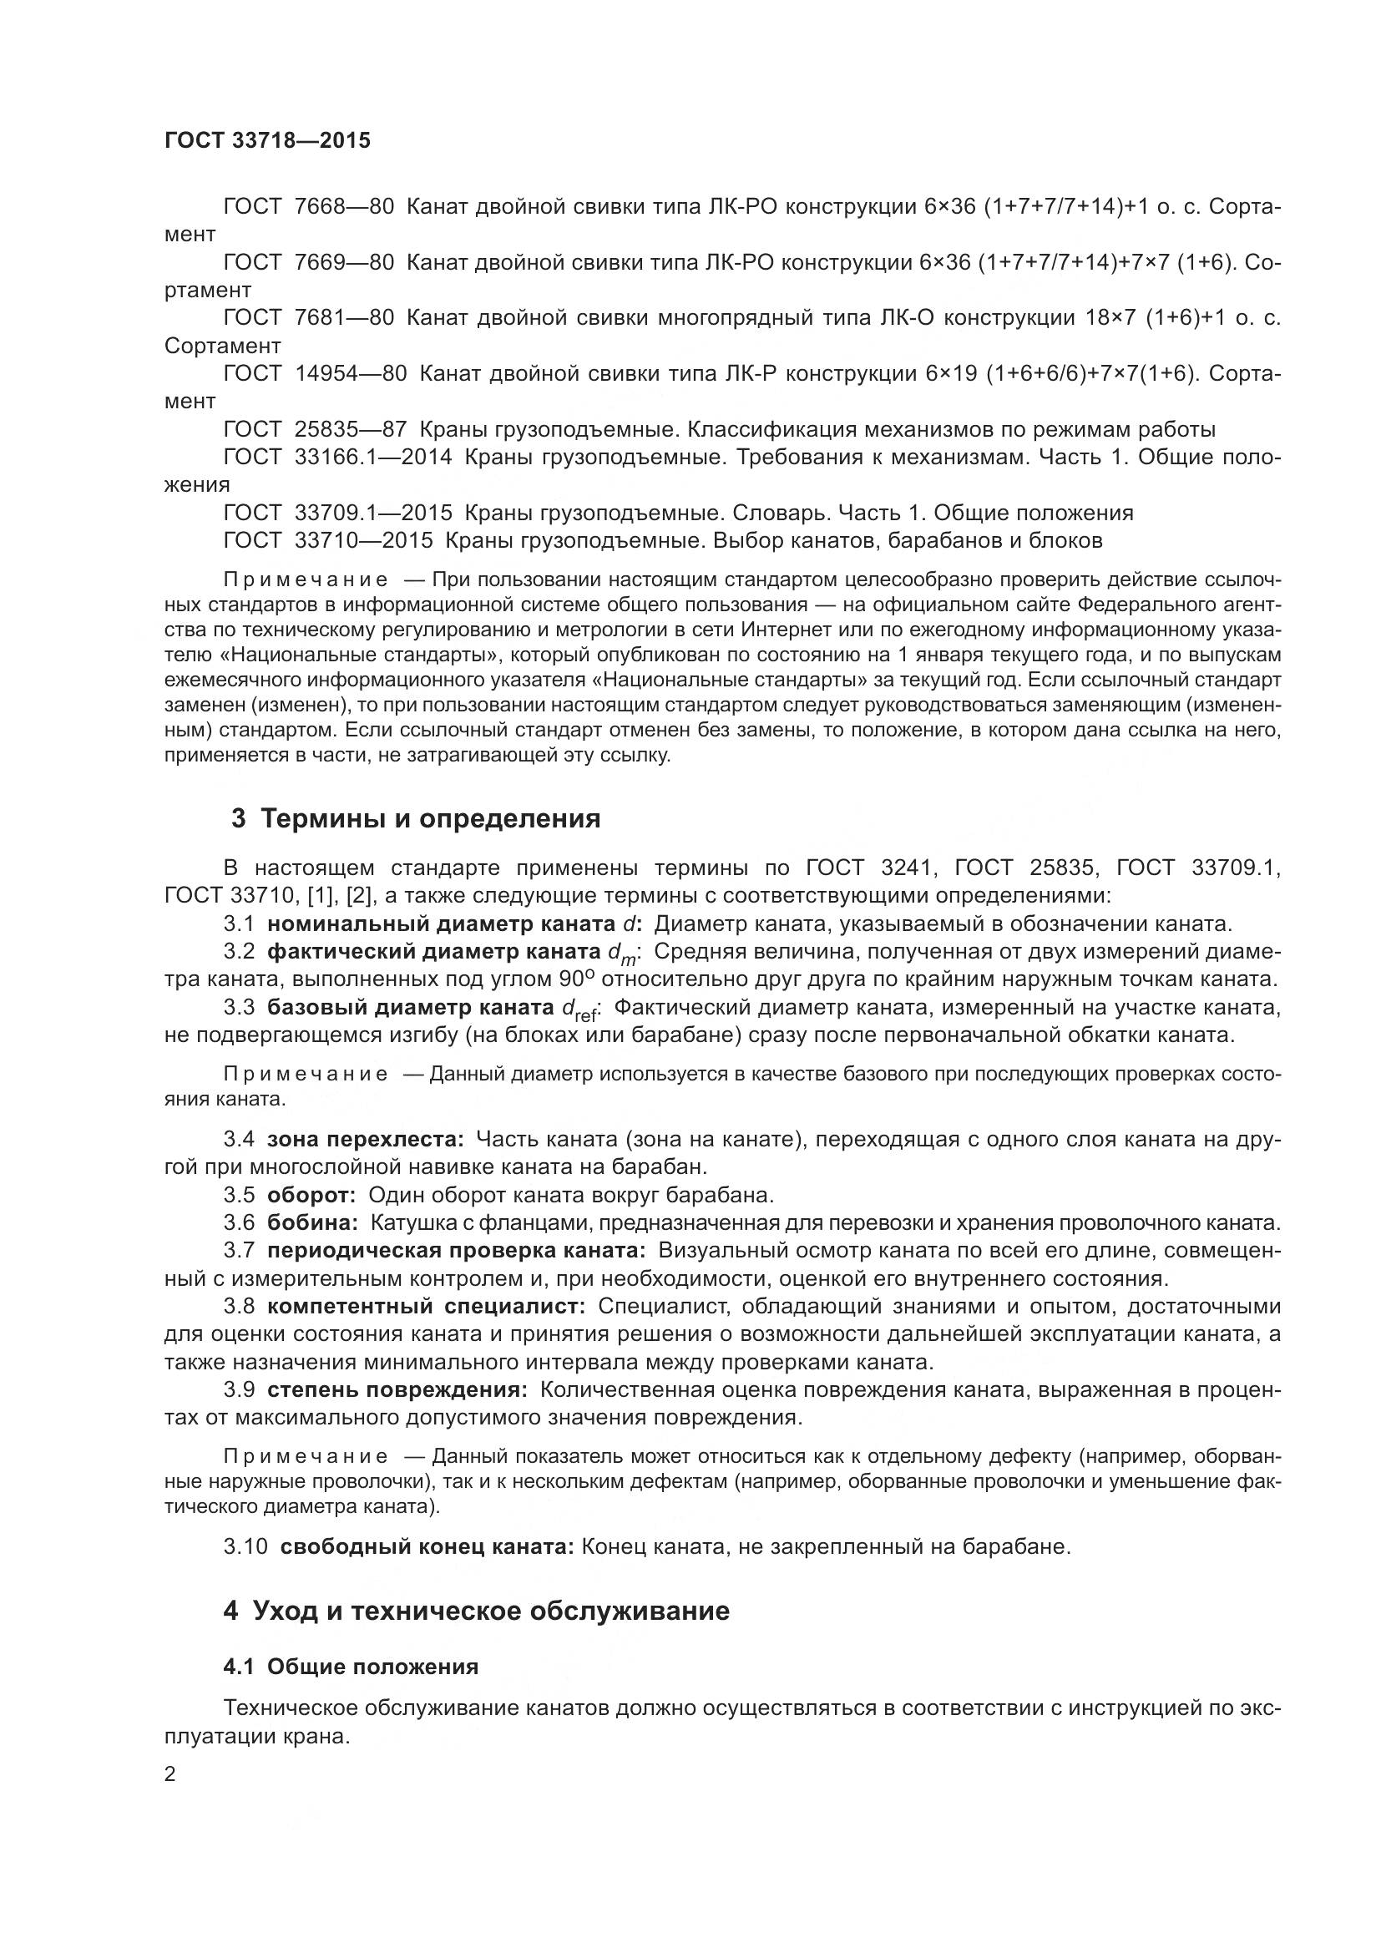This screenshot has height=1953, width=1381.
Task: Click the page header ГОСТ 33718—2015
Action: (x=267, y=140)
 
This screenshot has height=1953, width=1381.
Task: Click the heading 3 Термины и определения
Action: (x=416, y=818)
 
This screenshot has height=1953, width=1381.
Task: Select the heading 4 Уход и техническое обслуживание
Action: (x=476, y=1611)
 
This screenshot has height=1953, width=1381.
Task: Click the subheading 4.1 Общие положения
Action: (x=351, y=1667)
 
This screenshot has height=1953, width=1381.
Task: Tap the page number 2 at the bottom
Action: (x=170, y=1774)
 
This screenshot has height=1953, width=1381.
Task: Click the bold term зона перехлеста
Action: (x=365, y=1139)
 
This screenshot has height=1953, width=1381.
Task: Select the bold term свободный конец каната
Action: (x=427, y=1546)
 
